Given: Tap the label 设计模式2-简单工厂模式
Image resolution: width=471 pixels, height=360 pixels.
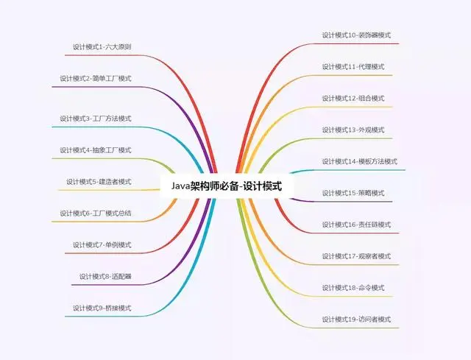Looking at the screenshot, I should [96, 79].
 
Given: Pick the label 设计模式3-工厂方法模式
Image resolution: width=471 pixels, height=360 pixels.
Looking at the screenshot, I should [96, 119].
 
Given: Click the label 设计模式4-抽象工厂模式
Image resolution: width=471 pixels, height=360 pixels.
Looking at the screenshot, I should [96, 150].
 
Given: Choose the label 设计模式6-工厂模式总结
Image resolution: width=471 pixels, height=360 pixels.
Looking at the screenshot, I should [96, 213].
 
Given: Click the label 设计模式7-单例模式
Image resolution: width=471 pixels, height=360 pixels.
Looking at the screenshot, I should [102, 245].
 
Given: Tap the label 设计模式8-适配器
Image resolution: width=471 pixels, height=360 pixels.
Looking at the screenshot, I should [105, 277].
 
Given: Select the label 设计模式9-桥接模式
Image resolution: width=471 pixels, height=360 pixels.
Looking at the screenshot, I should [102, 308].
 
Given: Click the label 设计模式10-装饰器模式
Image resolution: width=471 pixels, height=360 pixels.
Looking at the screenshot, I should [356, 35].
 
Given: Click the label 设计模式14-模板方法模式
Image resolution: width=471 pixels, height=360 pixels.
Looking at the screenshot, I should [359, 162].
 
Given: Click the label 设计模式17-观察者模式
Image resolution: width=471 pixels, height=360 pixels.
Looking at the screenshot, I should [356, 256].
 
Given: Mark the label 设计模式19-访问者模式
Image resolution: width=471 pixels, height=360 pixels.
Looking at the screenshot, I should [356, 320].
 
